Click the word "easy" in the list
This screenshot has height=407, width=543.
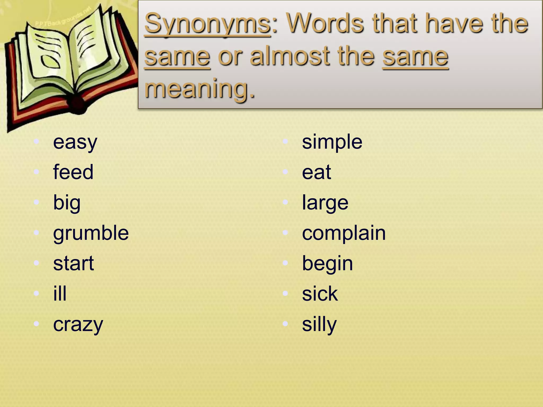75,143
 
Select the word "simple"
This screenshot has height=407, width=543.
332,143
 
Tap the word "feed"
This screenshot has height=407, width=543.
73,172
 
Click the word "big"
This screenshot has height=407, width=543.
67,203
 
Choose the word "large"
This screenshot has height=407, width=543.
325,203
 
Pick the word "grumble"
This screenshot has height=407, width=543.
91,233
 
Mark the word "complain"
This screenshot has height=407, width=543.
344,233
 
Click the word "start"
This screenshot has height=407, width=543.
73,264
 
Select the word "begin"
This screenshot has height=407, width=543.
327,264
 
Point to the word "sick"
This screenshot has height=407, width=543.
320,294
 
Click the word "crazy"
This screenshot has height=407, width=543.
78,325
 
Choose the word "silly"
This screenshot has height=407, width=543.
319,325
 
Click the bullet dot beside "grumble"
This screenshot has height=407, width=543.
37,233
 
